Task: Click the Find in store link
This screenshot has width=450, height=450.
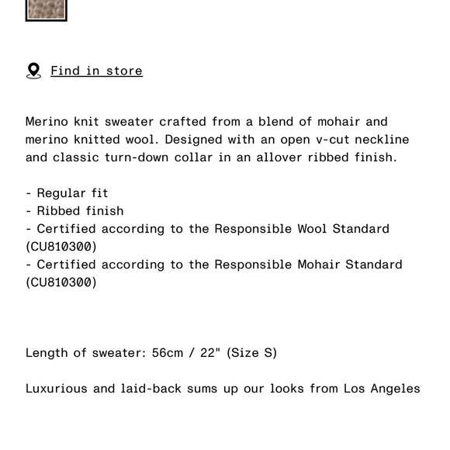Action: click(96, 71)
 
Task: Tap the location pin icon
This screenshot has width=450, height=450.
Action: click(33, 71)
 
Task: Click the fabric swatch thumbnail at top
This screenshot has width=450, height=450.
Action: click(47, 9)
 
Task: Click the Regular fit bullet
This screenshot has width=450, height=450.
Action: click(72, 192)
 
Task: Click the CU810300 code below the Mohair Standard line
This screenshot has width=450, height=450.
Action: click(61, 282)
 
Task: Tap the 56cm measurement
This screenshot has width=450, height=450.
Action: click(168, 352)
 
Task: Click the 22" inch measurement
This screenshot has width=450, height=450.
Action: click(210, 352)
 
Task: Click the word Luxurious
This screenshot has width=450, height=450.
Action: click(57, 388)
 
